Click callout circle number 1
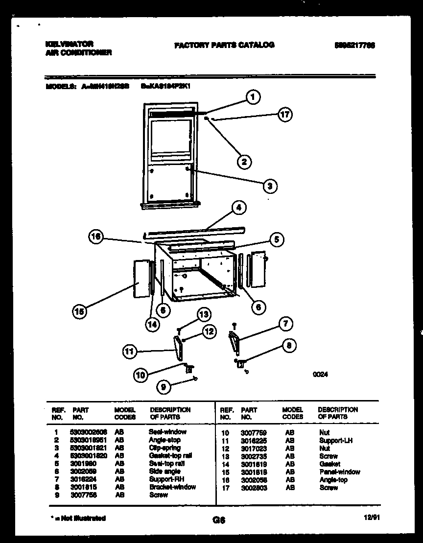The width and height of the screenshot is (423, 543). pyautogui.click(x=253, y=97)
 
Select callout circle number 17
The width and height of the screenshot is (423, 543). pyautogui.click(x=284, y=115)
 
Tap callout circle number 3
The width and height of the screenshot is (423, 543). pyautogui.click(x=269, y=186)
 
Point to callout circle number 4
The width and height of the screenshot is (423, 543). pyautogui.click(x=238, y=208)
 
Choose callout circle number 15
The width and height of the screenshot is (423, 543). pyautogui.click(x=78, y=310)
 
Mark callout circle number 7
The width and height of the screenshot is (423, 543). pyautogui.click(x=285, y=324)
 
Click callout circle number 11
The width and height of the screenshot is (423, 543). pyautogui.click(x=130, y=351)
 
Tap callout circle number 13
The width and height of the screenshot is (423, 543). pyautogui.click(x=203, y=314)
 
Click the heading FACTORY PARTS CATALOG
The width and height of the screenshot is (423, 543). pyautogui.click(x=224, y=45)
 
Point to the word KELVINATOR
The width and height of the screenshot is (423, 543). pyautogui.click(x=69, y=44)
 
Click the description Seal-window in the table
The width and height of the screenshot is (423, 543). pyautogui.click(x=167, y=432)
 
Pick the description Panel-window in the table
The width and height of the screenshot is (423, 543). pyautogui.click(x=339, y=472)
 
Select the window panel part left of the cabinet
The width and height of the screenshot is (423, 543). pyautogui.click(x=141, y=279)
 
